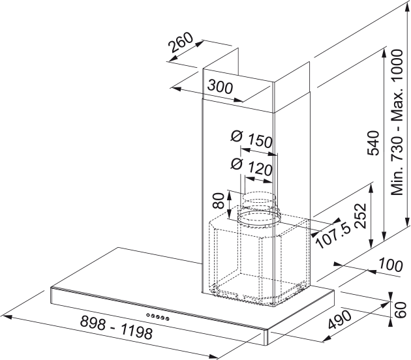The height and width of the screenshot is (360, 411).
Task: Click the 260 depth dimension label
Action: pyautogui.click(x=181, y=46)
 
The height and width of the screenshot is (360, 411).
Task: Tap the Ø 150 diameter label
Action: pyautogui.click(x=251, y=139)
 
